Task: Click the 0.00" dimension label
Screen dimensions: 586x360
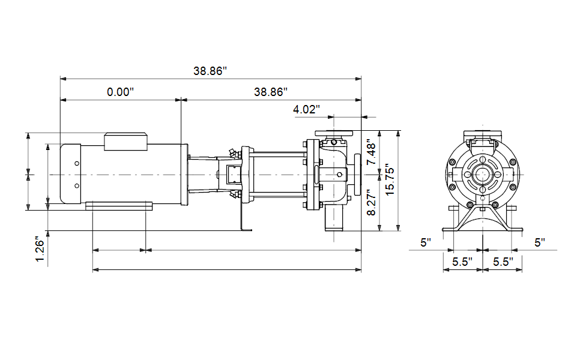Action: coord(120,92)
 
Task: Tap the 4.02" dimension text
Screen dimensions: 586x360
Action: coord(306,109)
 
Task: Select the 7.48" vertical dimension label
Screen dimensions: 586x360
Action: coord(372,152)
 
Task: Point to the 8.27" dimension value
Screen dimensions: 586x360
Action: coord(372,202)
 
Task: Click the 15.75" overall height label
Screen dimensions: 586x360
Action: coord(390,179)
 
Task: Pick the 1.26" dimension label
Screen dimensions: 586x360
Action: coord(40,249)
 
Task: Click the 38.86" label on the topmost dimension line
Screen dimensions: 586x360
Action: coord(210,71)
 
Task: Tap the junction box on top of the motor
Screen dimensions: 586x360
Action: coord(125,142)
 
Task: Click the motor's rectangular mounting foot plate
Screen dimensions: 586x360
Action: coord(119,206)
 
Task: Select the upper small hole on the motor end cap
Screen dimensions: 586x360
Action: coord(77,164)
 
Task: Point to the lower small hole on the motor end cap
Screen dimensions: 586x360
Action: coord(77,185)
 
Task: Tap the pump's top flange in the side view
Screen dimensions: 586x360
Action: coord(334,133)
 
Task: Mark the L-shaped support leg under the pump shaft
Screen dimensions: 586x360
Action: coord(246,217)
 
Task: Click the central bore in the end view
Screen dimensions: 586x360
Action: coord(483,175)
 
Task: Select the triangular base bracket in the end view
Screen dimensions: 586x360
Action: coord(483,218)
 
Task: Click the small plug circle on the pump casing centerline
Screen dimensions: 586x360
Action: coord(339,175)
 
